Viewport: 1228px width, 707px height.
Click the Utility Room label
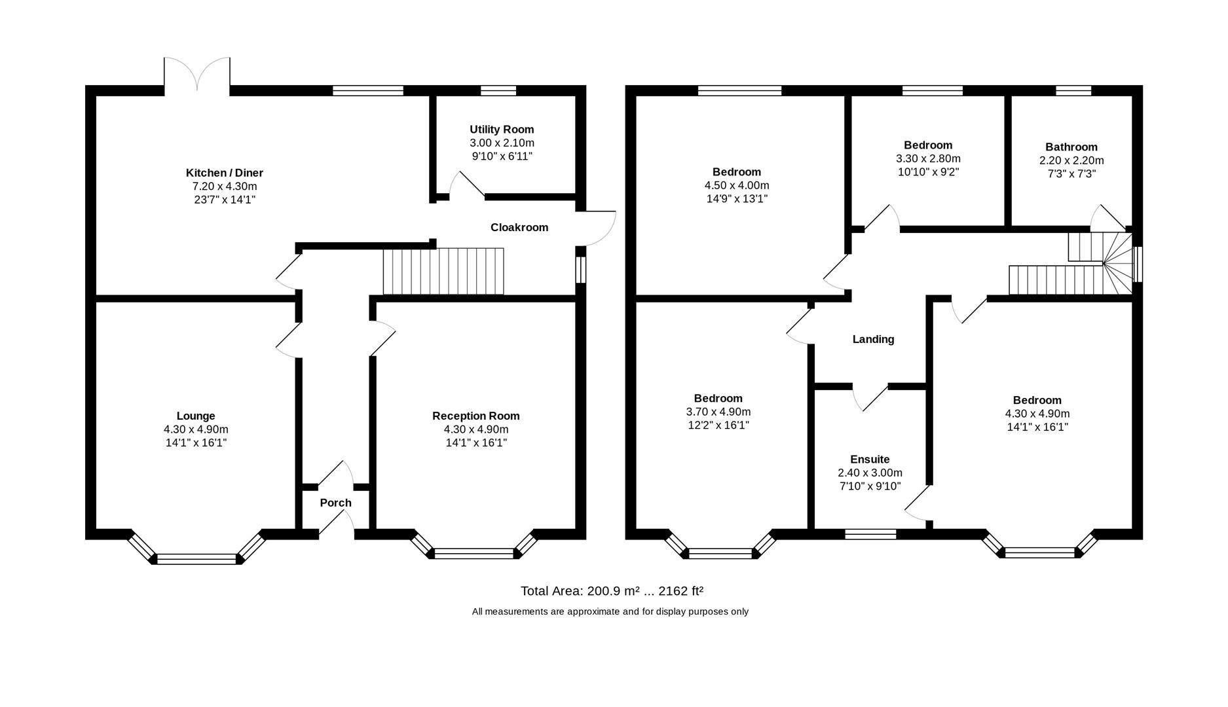click(501, 130)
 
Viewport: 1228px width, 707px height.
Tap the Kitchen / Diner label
click(224, 173)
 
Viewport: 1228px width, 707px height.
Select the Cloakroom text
click(519, 227)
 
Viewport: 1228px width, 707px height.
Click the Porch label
click(335, 503)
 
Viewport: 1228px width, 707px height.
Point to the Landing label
click(872, 339)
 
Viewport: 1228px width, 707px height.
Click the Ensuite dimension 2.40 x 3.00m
click(869, 473)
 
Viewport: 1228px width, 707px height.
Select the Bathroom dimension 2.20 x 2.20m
click(1071, 160)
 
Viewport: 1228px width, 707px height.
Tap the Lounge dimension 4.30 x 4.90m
click(195, 429)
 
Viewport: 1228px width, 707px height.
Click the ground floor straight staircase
click(443, 271)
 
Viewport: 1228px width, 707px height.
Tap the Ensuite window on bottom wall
click(870, 535)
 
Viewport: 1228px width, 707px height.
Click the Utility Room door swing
click(466, 185)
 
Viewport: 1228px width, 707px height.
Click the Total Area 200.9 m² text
click(611, 591)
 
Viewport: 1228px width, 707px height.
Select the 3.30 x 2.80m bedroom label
click(927, 145)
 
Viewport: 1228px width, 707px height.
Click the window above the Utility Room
click(498, 91)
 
